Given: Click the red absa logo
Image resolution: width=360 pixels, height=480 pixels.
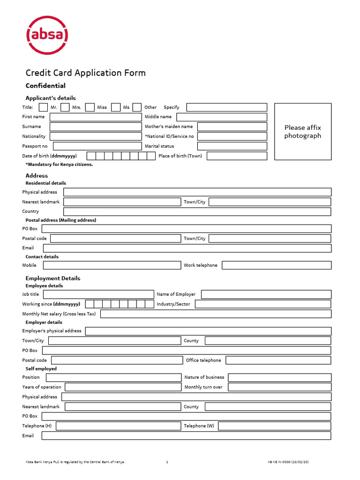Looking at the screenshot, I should (47, 35).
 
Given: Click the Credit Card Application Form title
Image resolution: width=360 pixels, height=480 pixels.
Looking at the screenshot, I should (85, 73).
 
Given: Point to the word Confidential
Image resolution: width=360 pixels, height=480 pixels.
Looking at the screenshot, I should (45, 86).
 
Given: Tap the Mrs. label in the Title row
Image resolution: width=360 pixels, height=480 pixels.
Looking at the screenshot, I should (76, 107).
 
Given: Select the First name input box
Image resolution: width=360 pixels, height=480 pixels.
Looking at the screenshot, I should (95, 117).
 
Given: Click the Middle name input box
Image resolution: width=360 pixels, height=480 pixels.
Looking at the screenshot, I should (221, 117).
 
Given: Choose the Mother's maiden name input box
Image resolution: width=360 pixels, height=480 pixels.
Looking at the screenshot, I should (232, 127).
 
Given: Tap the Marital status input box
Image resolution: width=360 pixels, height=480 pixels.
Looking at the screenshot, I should (232, 146).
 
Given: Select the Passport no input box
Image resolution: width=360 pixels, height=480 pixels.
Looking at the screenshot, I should (97, 146).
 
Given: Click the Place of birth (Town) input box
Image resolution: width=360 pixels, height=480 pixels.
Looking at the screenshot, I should (237, 156).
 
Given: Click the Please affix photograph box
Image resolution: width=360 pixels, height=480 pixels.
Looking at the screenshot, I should (302, 132).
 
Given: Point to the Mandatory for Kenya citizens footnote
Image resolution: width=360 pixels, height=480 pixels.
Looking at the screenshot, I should (59, 165).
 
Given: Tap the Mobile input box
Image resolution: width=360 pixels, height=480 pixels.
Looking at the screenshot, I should (112, 265).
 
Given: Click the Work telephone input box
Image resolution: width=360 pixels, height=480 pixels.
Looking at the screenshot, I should (276, 265).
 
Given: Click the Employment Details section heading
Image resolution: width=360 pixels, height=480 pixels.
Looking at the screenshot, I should (52, 278).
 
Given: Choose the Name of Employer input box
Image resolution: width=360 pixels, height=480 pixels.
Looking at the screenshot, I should (266, 294).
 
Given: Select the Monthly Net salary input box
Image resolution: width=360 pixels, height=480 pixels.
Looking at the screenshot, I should (216, 314).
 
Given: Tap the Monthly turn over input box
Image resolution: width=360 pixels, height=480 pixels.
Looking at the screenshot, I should (279, 387).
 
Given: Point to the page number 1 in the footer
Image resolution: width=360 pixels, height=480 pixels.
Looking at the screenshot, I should (167, 462).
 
